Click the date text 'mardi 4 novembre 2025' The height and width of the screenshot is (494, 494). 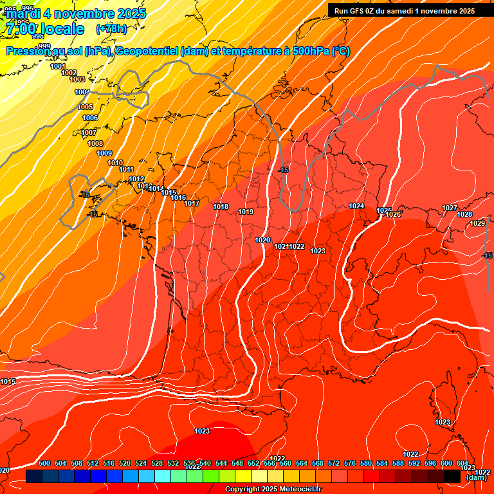(76, 14)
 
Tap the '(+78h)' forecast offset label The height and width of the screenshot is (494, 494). (111, 28)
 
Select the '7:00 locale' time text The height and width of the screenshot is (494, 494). (44, 29)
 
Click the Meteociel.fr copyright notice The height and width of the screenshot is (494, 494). (273, 489)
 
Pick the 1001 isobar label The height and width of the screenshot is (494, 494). (58, 66)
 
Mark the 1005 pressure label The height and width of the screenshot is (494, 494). (86, 107)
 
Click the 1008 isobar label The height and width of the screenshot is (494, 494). (95, 143)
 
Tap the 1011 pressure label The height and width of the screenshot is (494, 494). (126, 169)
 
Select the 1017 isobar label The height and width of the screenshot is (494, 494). (192, 203)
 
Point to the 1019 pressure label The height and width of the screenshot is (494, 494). (246, 212)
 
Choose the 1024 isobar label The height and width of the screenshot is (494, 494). (356, 206)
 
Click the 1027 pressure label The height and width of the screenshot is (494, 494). (450, 208)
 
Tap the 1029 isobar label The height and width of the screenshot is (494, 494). (477, 223)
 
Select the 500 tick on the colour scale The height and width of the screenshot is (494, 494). (44, 463)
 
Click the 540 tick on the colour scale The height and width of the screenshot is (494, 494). (205, 463)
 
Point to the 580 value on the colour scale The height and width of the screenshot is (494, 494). (366, 463)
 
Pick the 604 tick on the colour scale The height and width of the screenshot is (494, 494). (462, 463)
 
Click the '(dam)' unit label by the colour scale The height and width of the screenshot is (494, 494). (476, 477)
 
